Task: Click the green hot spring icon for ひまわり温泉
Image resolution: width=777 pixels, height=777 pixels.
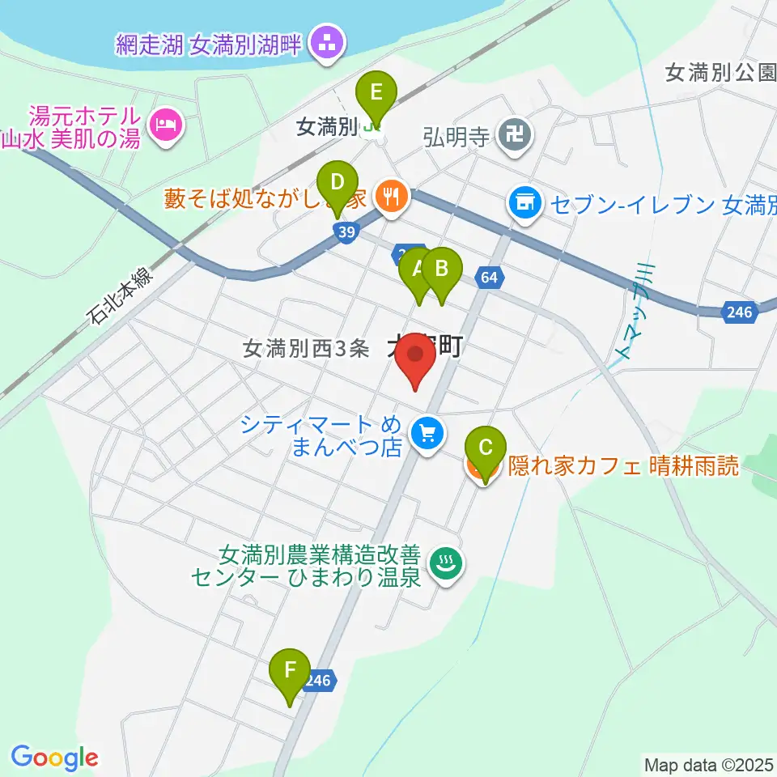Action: tap(444, 563)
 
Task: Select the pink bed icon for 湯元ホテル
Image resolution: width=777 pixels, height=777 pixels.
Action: tap(167, 125)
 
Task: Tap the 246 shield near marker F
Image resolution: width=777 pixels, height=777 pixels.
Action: tap(318, 681)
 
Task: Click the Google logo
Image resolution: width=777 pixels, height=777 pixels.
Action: tap(54, 758)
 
